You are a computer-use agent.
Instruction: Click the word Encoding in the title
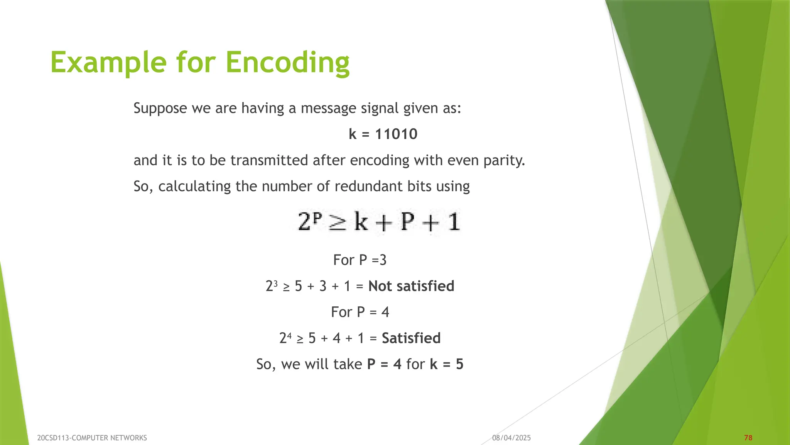(287, 63)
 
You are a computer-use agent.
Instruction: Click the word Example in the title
(108, 63)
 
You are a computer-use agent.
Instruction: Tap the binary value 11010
(396, 134)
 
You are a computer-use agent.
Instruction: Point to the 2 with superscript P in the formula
(309, 222)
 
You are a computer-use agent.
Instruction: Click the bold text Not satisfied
(411, 286)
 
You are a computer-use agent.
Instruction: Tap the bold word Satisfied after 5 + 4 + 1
(411, 338)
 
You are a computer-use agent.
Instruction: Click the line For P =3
(360, 260)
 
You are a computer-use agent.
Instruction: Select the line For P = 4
(360, 312)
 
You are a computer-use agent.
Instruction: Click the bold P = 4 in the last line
(384, 364)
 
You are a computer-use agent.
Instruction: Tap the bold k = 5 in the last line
(446, 364)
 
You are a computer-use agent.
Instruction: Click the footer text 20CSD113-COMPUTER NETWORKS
(92, 438)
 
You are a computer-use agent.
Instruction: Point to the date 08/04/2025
(511, 438)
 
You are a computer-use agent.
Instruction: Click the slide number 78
(748, 438)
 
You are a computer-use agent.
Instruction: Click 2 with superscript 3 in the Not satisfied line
(271, 286)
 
